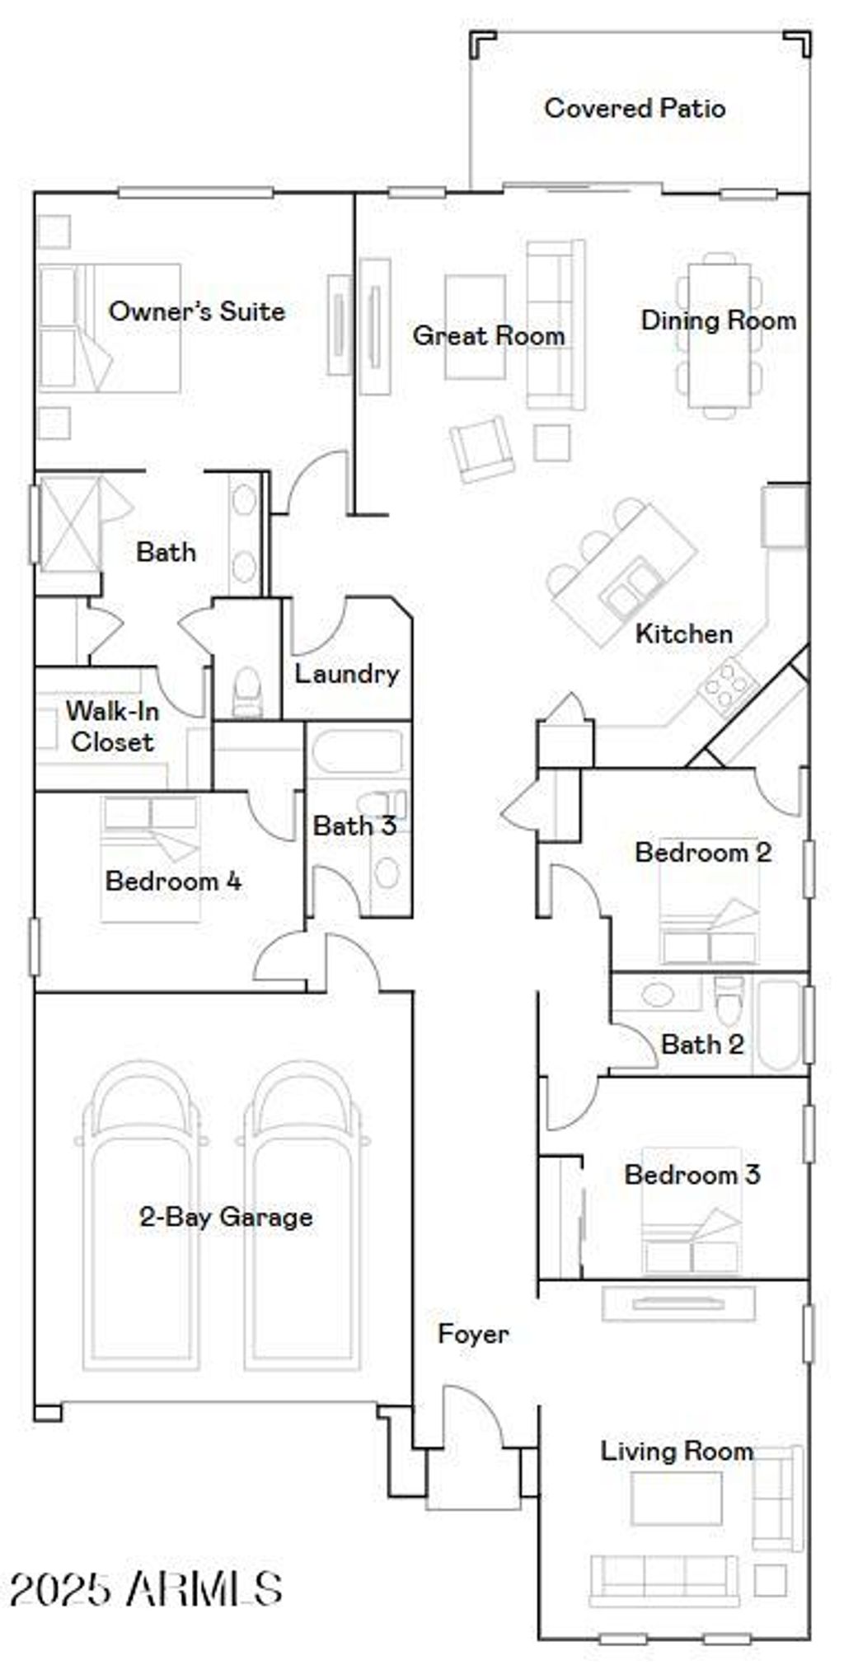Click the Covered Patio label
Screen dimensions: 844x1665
635,108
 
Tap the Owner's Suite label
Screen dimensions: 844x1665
197,311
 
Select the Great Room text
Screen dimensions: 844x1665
489,335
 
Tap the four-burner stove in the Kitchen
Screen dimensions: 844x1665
728,684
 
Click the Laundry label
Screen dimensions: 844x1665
347,674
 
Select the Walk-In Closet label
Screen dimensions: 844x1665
112,726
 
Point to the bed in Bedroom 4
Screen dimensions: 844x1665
151,857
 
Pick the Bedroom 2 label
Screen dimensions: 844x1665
703,852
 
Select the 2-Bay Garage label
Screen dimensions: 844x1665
226,1217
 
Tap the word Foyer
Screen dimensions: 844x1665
473,1334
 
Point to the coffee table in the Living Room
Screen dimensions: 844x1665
677,1498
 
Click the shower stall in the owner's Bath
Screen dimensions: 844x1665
69,524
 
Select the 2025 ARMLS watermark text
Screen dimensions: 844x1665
147,1588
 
